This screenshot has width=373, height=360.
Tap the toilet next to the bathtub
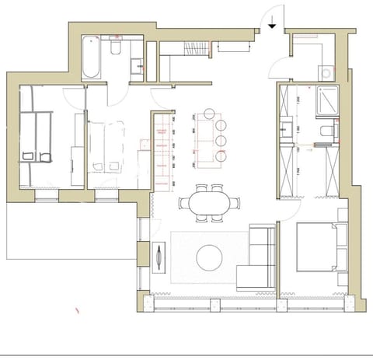coord(115,49)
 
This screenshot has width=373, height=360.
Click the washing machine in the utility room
coord(326,74)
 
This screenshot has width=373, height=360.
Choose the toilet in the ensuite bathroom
coord(326,128)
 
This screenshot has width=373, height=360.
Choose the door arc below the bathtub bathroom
coord(115,95)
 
